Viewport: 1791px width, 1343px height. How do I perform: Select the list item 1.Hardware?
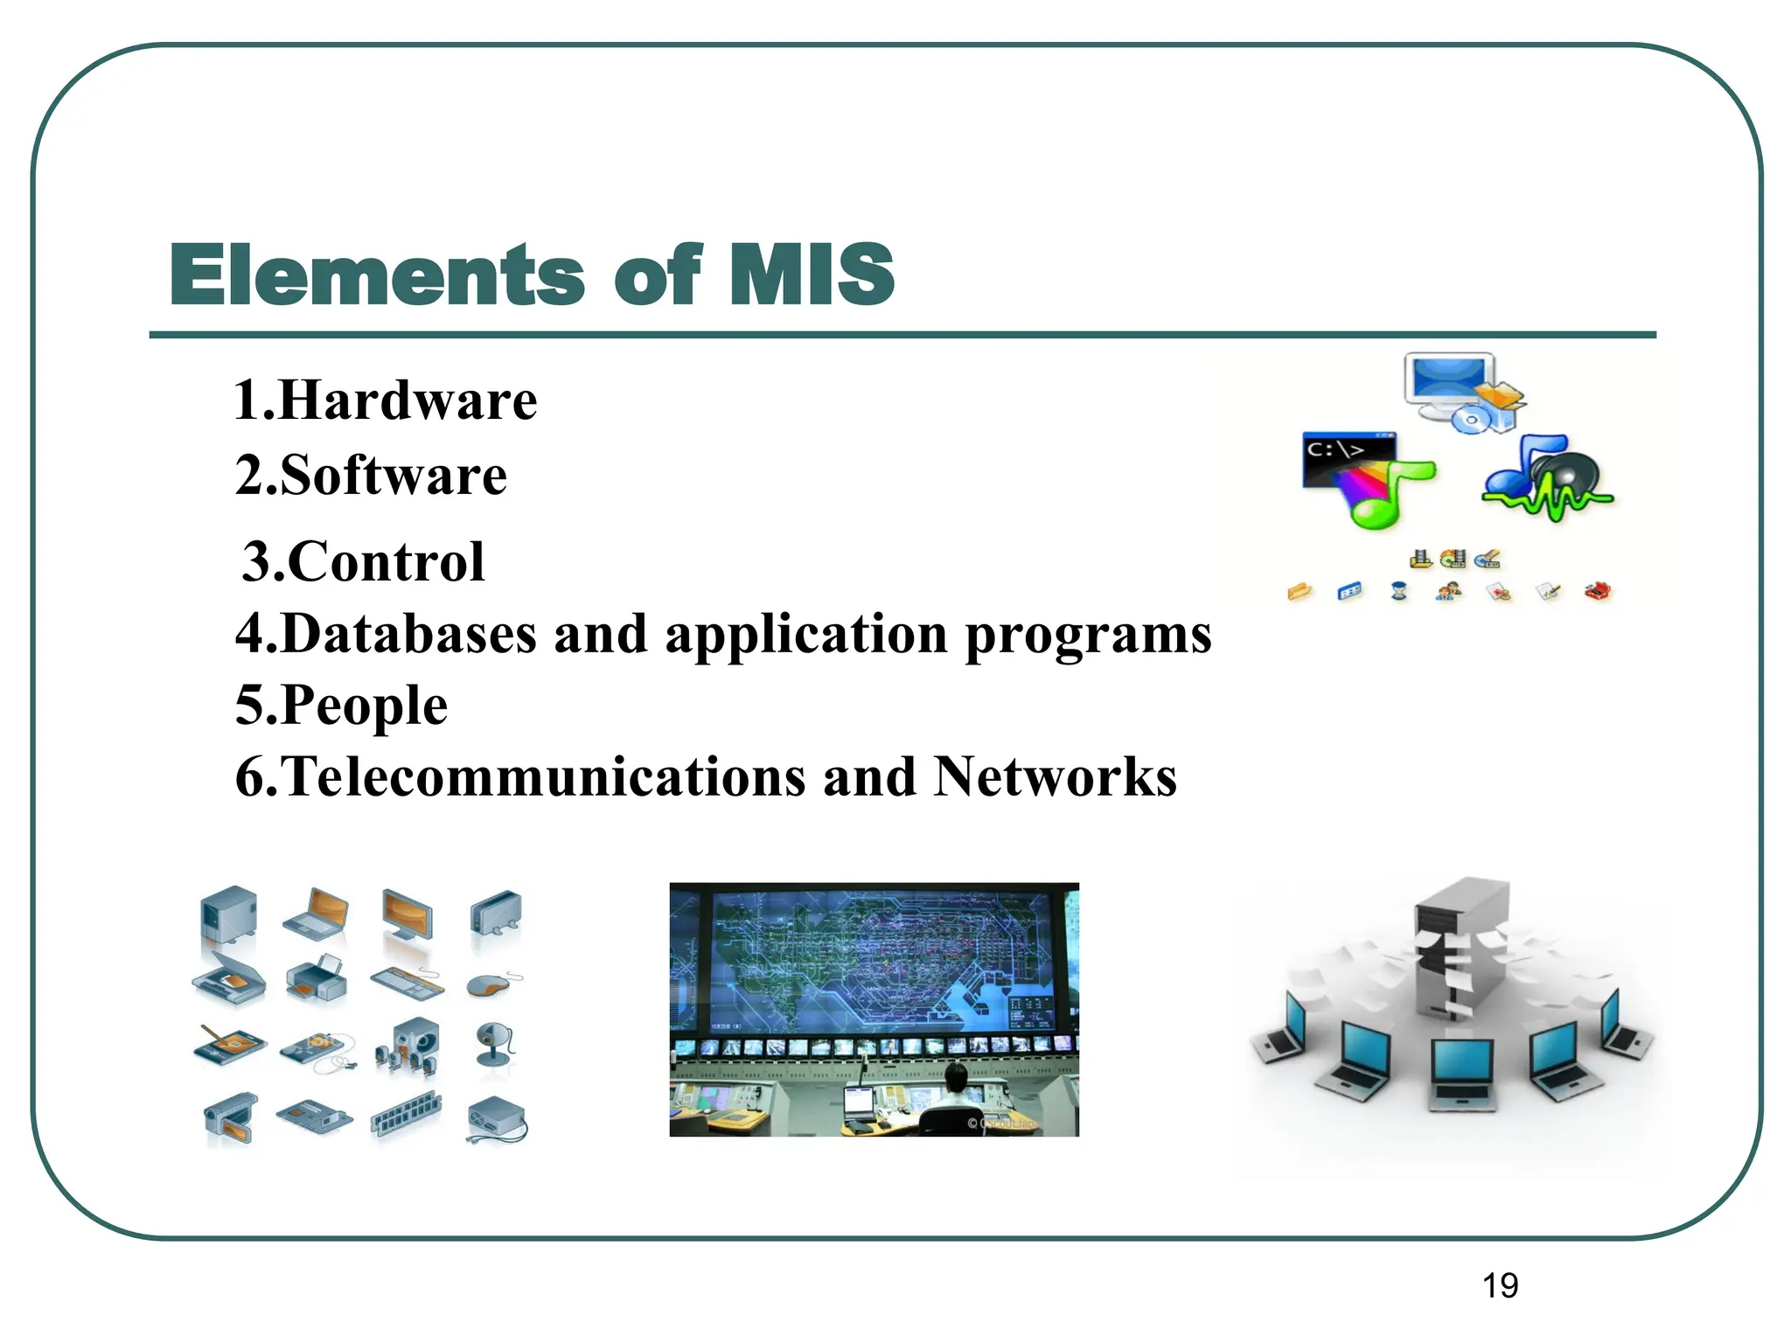tap(385, 400)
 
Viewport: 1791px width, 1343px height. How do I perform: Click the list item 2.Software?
tap(371, 476)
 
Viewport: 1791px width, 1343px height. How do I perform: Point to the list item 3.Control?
tap(363, 561)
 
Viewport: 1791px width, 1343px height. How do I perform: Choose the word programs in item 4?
tap(1088, 635)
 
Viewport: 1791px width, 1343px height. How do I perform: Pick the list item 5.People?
tap(341, 705)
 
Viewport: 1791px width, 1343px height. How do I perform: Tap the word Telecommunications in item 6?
tap(542, 776)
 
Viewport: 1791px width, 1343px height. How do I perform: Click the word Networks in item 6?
tap(1055, 776)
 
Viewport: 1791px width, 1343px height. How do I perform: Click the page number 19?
tap(1500, 1286)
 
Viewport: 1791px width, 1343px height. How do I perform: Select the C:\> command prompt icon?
tap(1347, 459)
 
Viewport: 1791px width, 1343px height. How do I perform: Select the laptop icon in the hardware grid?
tap(317, 915)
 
